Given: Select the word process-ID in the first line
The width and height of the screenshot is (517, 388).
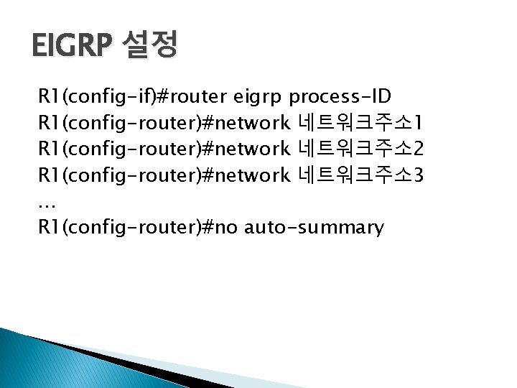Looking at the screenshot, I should click(x=340, y=97).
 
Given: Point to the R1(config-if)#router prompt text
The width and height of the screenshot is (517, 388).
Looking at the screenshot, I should click(x=132, y=97).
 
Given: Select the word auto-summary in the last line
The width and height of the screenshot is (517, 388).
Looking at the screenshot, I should click(x=315, y=228).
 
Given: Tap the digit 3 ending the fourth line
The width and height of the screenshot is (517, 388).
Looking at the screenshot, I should click(x=418, y=175).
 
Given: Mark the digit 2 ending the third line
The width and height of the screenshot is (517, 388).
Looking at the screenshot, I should click(x=418, y=149).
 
